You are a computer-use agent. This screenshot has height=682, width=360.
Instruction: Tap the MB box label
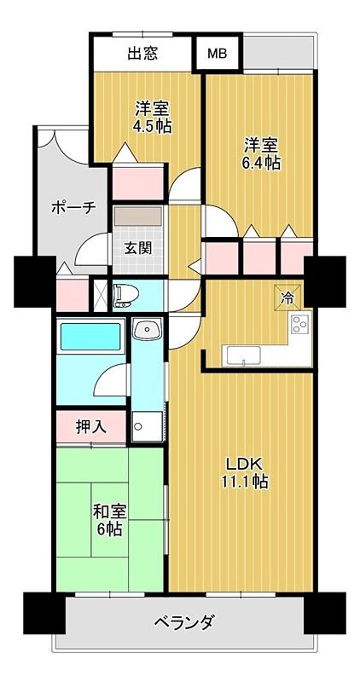click(x=218, y=54)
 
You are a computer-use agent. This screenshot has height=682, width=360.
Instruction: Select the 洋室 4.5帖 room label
click(x=152, y=118)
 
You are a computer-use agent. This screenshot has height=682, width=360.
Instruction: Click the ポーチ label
click(x=73, y=207)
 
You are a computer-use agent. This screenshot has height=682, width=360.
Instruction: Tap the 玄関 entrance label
click(x=137, y=249)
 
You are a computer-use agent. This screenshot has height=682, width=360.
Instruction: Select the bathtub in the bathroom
click(x=90, y=337)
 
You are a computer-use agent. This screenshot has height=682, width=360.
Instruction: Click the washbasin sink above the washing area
click(x=147, y=329)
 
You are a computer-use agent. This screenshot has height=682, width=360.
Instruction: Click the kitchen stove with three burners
click(x=300, y=325)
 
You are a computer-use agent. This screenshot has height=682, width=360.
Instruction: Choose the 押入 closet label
click(x=90, y=427)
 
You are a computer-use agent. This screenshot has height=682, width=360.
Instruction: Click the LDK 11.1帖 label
click(x=247, y=472)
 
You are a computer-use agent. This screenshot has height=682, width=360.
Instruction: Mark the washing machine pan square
click(x=146, y=425)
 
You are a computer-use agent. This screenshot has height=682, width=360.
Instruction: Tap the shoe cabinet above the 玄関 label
click(x=137, y=217)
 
